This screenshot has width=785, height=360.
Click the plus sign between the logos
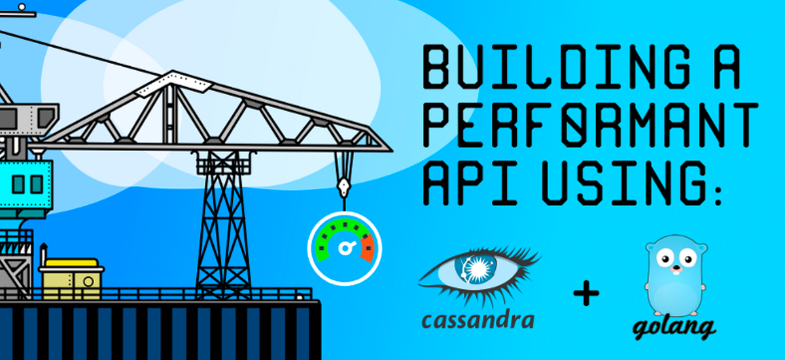point(586,294)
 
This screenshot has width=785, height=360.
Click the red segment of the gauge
point(368,250)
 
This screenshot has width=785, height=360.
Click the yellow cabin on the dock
point(71,275)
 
